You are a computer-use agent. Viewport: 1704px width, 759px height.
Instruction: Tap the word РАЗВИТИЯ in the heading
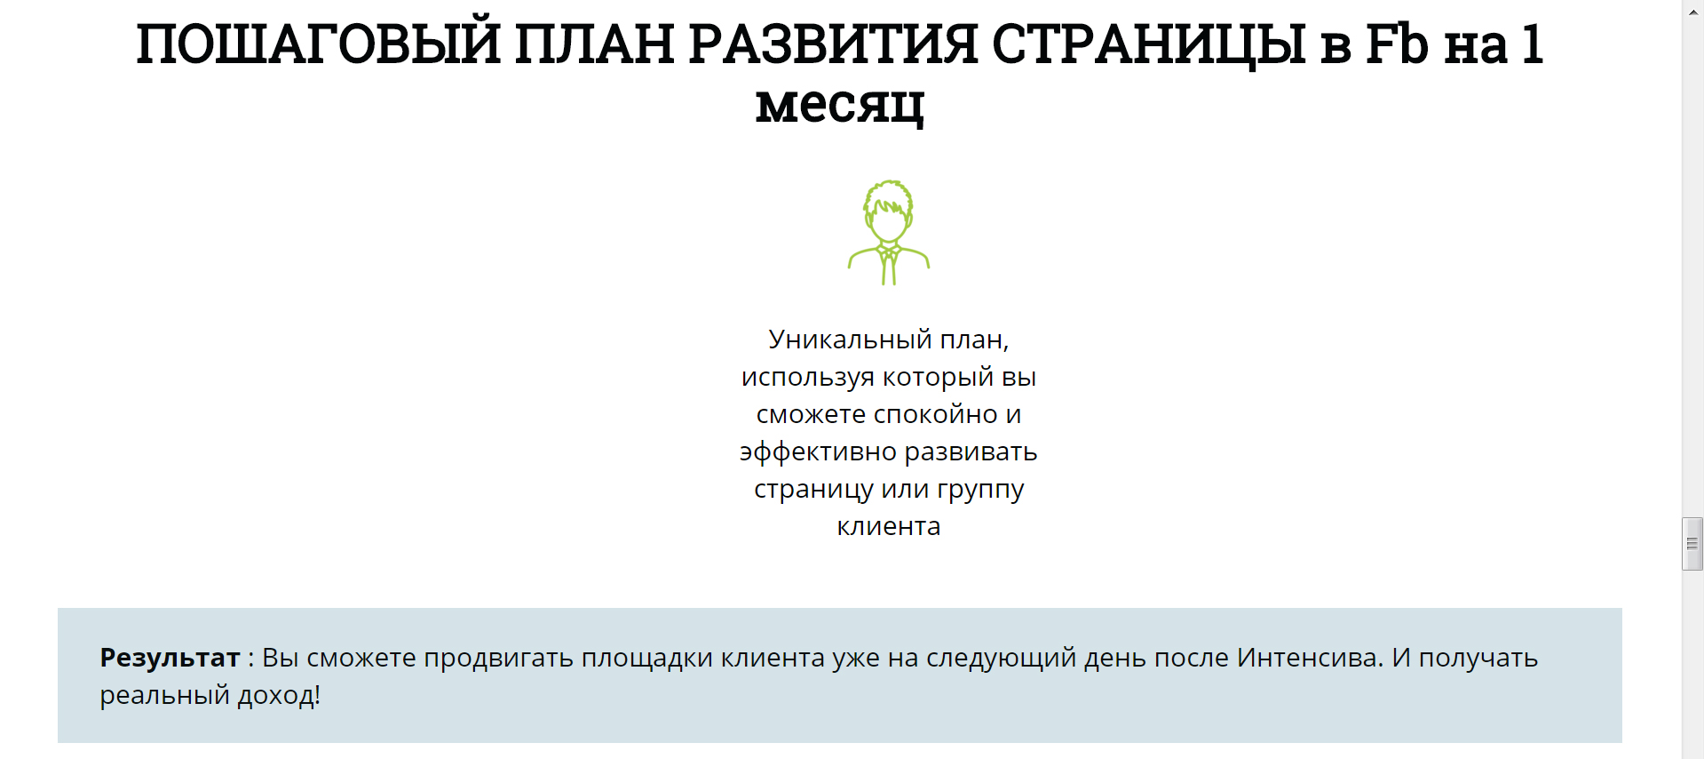pyautogui.click(x=832, y=44)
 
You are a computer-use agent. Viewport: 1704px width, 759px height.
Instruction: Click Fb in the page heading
pyautogui.click(x=1397, y=44)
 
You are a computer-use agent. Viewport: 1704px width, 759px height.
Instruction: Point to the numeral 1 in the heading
pyautogui.click(x=1532, y=44)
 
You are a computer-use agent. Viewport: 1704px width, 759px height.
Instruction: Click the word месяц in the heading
pyautogui.click(x=840, y=105)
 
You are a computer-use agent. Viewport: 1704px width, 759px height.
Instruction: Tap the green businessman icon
pyautogui.click(x=889, y=232)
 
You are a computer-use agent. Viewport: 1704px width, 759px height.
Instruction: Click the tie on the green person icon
pyautogui.click(x=889, y=267)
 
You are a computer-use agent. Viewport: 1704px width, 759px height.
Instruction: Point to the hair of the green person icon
pyautogui.click(x=888, y=198)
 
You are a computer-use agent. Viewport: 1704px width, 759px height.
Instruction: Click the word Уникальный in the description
pyautogui.click(x=850, y=340)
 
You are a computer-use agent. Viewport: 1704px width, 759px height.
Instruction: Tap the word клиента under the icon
pyautogui.click(x=889, y=526)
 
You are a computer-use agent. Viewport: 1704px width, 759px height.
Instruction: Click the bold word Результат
pyautogui.click(x=170, y=658)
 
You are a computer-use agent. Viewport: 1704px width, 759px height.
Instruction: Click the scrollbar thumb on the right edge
pyautogui.click(x=1692, y=543)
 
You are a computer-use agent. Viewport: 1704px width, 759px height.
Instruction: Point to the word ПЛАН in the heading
pyautogui.click(x=594, y=44)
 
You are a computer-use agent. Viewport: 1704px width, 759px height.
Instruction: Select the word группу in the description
pyautogui.click(x=980, y=490)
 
